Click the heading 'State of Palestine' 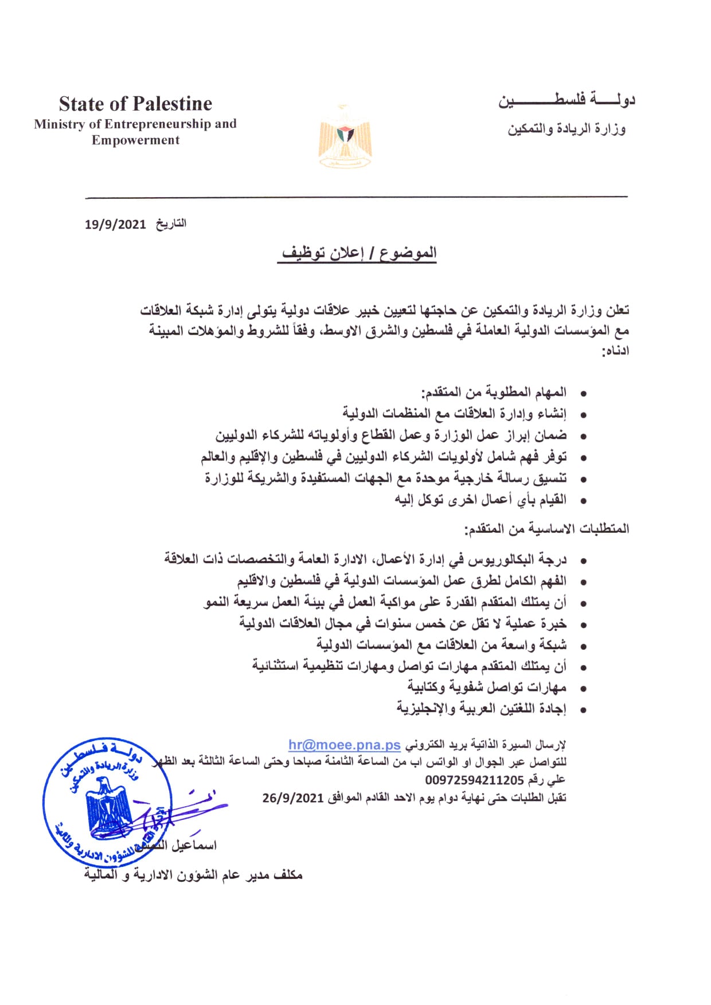[x=135, y=104]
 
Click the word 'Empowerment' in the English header [x=135, y=140]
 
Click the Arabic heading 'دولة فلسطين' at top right [x=567, y=101]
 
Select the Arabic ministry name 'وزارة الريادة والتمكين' [x=566, y=129]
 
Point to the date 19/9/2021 [x=115, y=224]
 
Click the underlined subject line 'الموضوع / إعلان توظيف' [x=359, y=253]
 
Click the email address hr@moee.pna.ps [x=344, y=745]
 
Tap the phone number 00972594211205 [x=474, y=780]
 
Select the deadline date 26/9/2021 [x=293, y=798]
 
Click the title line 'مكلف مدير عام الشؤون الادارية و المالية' [x=193, y=875]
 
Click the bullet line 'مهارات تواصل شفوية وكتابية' [x=487, y=687]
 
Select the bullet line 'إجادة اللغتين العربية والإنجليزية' [x=481, y=709]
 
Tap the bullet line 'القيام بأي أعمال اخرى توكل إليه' [x=480, y=500]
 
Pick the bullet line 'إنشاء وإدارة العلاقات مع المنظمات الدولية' [x=454, y=414]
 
